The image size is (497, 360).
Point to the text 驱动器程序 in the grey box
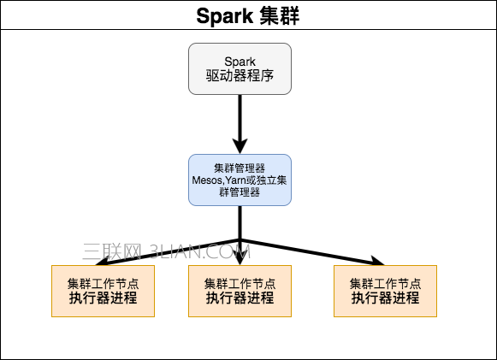pyautogui.click(x=240, y=77)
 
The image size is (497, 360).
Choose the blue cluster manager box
pyautogui.click(x=240, y=180)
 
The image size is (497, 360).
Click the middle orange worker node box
pyautogui.click(x=240, y=291)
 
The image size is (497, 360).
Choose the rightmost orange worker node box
pyautogui.click(x=385, y=291)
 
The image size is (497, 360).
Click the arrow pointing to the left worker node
pyautogui.click(x=154, y=251)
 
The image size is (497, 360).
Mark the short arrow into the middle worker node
pyautogui.click(x=240, y=253)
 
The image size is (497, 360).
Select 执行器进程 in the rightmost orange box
pyautogui.click(x=385, y=298)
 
